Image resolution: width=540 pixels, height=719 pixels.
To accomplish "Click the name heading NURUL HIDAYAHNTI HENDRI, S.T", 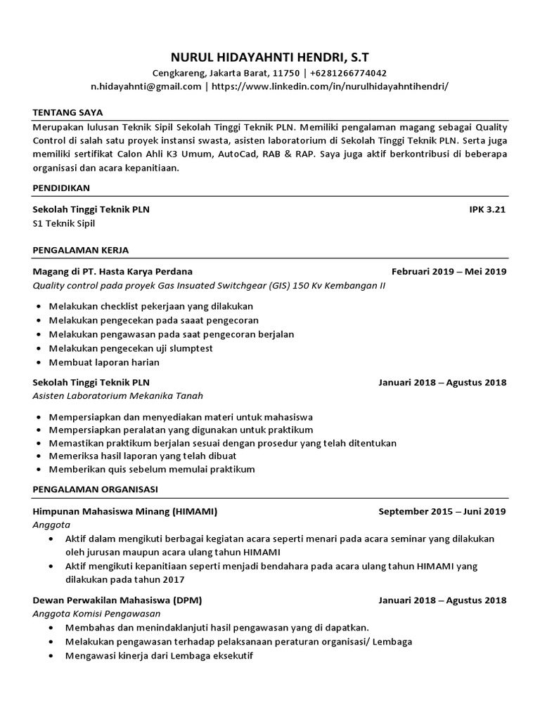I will tap(270, 57).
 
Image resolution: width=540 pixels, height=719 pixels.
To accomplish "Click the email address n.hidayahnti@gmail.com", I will tap(146, 86).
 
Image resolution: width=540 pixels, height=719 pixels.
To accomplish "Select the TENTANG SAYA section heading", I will tap(67, 112).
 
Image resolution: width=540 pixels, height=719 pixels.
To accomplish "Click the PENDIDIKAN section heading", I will tap(61, 188).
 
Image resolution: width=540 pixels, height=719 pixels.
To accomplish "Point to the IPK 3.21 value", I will tap(487, 209).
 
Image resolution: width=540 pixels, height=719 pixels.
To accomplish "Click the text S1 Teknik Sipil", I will tap(64, 223).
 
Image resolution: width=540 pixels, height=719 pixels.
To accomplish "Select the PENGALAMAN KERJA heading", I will tap(80, 250).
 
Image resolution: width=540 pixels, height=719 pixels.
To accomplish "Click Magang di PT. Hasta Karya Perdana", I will tap(112, 271).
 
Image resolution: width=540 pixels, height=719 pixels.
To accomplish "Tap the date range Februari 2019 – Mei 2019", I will tap(449, 271).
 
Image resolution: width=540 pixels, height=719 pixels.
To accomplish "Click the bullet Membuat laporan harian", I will tap(104, 362).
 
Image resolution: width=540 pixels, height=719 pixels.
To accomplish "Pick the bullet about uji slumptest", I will tap(131, 348).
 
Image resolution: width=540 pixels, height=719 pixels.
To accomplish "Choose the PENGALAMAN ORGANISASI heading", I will tap(96, 489).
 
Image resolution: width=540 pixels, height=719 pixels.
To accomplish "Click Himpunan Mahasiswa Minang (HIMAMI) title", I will tap(125, 511).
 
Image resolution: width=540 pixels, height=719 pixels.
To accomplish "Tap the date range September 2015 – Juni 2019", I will tap(442, 511).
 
